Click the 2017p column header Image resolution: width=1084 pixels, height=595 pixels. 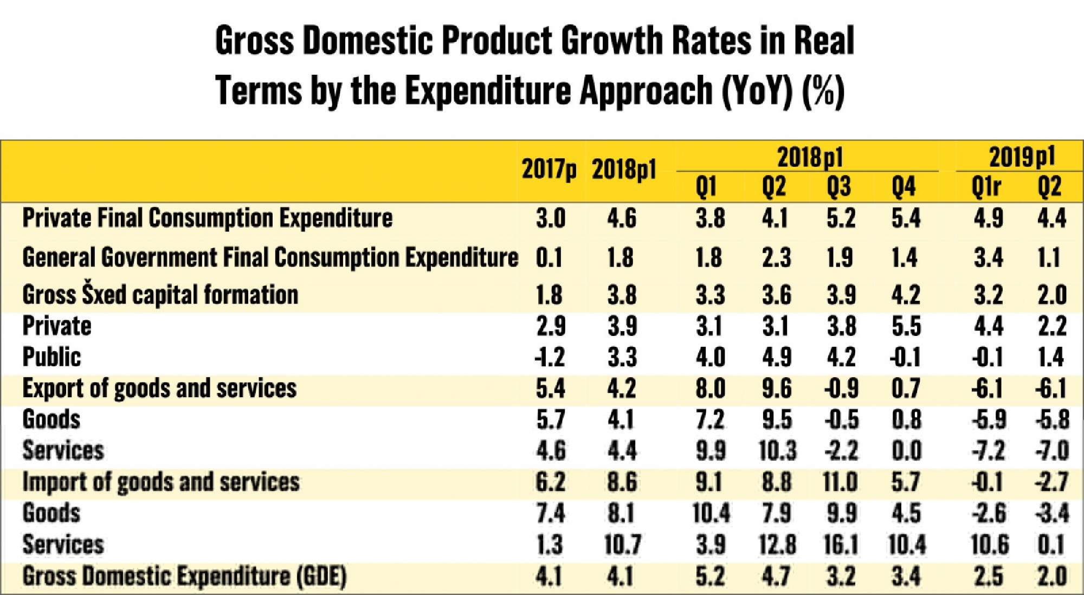(x=549, y=169)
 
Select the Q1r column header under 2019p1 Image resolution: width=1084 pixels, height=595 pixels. (x=986, y=187)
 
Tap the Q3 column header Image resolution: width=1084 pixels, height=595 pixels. (x=838, y=187)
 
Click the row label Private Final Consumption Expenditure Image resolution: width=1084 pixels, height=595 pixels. (x=207, y=218)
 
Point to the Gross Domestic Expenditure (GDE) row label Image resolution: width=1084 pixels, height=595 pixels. (x=184, y=576)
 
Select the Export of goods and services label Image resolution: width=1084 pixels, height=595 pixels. (x=159, y=389)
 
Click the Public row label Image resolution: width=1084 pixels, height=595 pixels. (x=51, y=357)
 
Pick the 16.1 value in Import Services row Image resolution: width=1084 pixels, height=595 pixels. (x=841, y=545)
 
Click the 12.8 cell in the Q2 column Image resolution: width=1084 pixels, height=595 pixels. (x=777, y=545)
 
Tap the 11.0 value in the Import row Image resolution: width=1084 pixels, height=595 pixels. (x=840, y=482)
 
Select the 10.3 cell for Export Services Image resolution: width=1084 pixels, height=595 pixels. (x=777, y=451)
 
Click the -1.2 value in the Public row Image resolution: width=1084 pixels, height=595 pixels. (x=550, y=358)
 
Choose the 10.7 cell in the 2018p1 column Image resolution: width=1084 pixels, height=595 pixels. (x=622, y=545)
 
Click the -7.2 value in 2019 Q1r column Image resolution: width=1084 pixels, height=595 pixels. (x=988, y=451)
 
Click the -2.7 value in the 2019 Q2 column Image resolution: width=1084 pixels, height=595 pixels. (x=1051, y=482)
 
